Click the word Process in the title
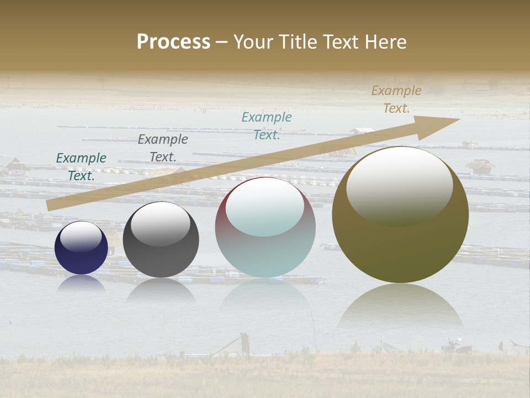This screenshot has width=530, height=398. (x=173, y=42)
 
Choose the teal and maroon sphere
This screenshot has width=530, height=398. (x=265, y=228)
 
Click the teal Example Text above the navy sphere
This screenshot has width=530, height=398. (x=81, y=166)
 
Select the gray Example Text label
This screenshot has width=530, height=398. (x=163, y=148)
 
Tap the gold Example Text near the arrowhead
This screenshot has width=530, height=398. (x=396, y=99)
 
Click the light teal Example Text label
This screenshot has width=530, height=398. (x=267, y=125)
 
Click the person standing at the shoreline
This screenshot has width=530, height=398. (x=245, y=343)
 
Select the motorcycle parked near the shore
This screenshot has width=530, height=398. (x=456, y=347)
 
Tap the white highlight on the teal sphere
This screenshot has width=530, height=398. (x=264, y=207)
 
